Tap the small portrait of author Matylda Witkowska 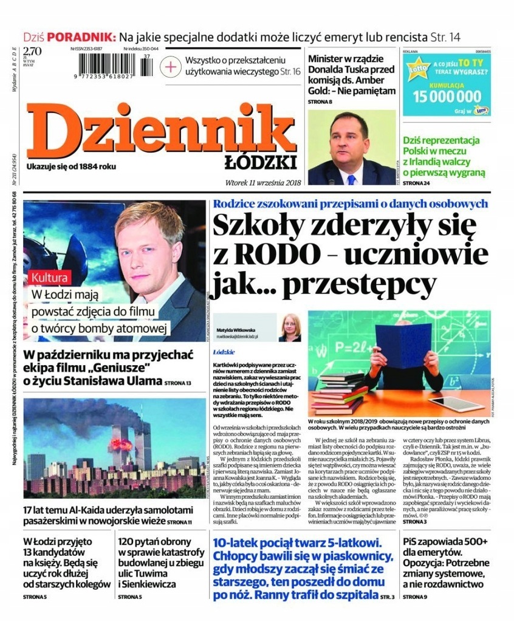290,327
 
